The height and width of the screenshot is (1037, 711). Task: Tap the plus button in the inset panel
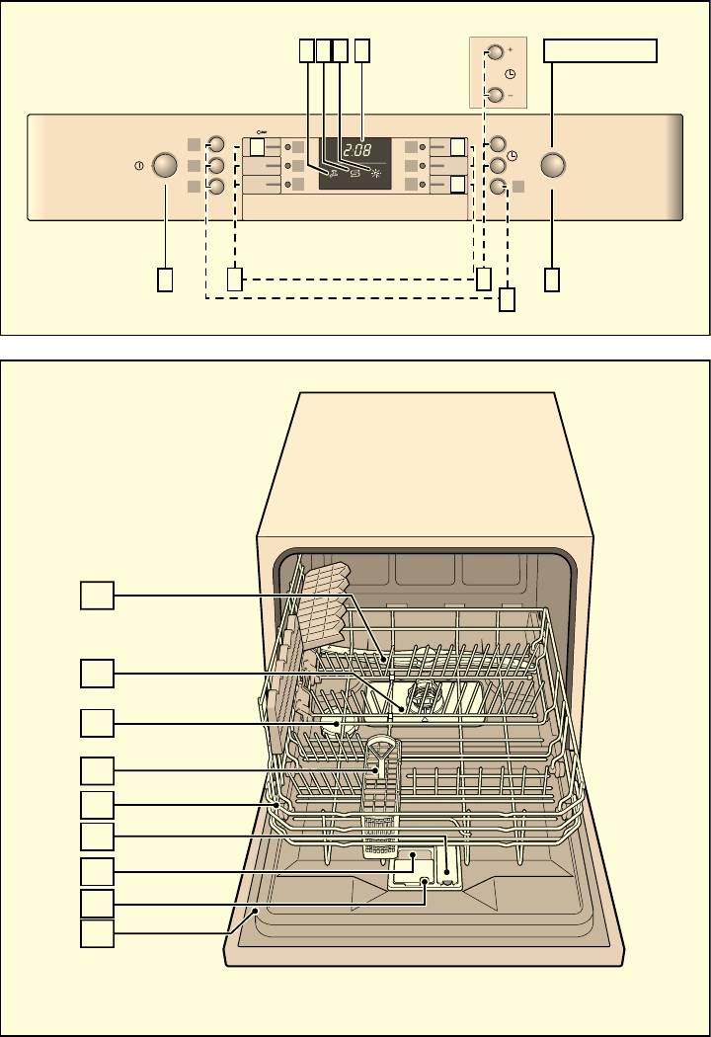(496, 52)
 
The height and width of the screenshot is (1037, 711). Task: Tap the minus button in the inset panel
(496, 96)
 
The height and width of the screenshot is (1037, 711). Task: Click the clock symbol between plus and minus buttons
(510, 74)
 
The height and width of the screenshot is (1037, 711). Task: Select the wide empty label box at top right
(600, 50)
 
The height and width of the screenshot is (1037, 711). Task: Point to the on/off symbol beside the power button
(140, 166)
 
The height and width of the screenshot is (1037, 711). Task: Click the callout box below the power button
(165, 279)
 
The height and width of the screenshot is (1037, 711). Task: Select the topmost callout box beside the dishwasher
(96, 596)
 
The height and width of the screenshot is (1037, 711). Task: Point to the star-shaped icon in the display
(373, 171)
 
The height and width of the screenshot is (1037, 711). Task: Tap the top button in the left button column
(217, 144)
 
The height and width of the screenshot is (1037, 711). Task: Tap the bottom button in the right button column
(498, 186)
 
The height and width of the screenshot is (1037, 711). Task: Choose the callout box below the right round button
(553, 279)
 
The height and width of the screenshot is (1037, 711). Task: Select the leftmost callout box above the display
(306, 50)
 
